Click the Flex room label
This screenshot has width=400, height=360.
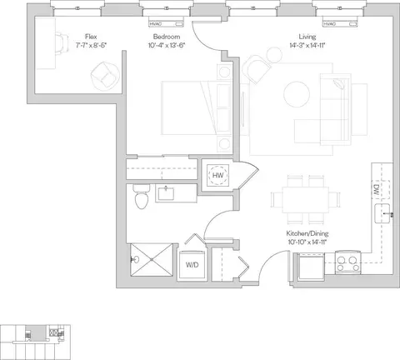click(91, 37)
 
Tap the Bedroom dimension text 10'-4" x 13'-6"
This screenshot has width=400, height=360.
click(167, 45)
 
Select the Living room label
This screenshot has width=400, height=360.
click(307, 37)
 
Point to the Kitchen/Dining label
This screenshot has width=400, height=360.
click(307, 233)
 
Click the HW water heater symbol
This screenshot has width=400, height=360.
click(218, 175)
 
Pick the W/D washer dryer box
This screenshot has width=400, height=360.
click(192, 265)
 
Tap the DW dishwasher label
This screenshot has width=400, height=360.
click(377, 190)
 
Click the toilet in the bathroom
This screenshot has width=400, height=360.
click(142, 197)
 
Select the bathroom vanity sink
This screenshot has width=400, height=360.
click(166, 193)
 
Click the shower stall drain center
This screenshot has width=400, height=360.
click(152, 259)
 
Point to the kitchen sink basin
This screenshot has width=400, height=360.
click(382, 213)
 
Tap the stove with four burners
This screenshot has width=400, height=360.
click(348, 262)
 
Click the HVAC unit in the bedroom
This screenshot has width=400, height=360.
click(167, 22)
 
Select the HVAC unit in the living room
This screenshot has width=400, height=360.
click(340, 22)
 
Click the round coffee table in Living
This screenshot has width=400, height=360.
click(297, 94)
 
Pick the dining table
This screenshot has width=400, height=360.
click(306, 200)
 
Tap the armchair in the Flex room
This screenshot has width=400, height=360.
click(105, 76)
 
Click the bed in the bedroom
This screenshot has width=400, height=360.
click(196, 108)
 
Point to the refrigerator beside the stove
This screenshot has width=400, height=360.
click(310, 266)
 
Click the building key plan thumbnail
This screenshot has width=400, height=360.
click(35, 342)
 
